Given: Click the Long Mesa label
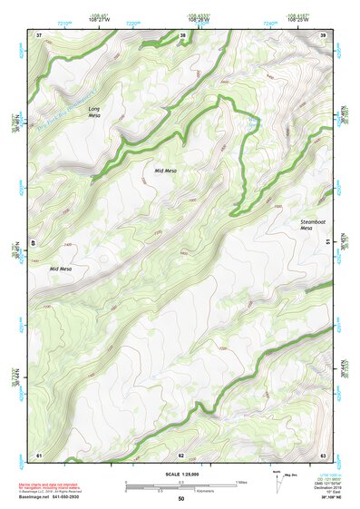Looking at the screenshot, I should point(94,112).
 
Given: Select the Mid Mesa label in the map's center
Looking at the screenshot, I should point(166,170).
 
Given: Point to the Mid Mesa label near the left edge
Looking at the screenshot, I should point(61,269).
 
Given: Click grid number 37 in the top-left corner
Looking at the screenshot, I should point(39,35).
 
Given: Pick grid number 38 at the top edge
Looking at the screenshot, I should point(182,35).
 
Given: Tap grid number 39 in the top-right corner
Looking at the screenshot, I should point(324,35).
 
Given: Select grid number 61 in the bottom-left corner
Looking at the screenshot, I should point(39,455).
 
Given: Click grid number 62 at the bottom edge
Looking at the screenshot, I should point(181,455).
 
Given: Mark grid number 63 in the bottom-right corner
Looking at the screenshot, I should point(324,455).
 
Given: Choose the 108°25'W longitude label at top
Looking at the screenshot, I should point(297,20).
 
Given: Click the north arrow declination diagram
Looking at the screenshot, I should point(278,481).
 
